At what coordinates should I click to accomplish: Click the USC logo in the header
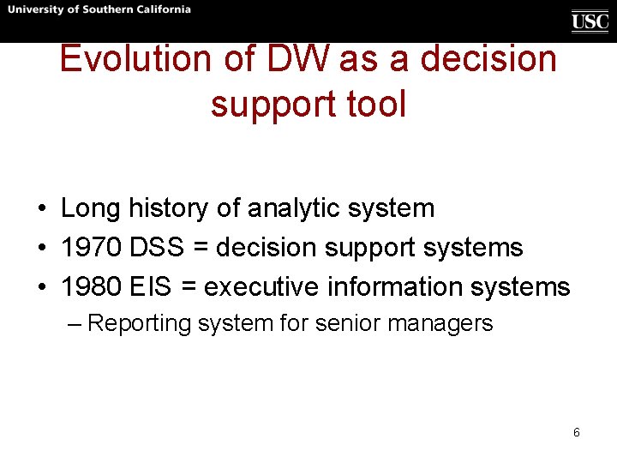(590, 21)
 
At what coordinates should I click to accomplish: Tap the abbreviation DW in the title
(297, 58)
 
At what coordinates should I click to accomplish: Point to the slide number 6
(577, 432)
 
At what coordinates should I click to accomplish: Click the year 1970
(91, 247)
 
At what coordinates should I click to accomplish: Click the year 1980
(91, 286)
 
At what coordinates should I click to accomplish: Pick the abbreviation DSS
(157, 247)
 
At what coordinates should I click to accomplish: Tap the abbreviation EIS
(150, 286)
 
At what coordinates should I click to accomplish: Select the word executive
(261, 286)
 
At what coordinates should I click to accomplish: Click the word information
(395, 286)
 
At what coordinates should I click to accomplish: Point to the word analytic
(294, 208)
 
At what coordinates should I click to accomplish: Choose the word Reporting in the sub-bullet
(139, 324)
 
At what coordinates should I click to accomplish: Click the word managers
(440, 324)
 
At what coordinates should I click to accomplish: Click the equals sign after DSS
(201, 247)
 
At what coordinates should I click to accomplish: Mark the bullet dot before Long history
(42, 208)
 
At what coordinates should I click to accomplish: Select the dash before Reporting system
(75, 324)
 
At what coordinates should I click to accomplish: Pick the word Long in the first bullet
(90, 208)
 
